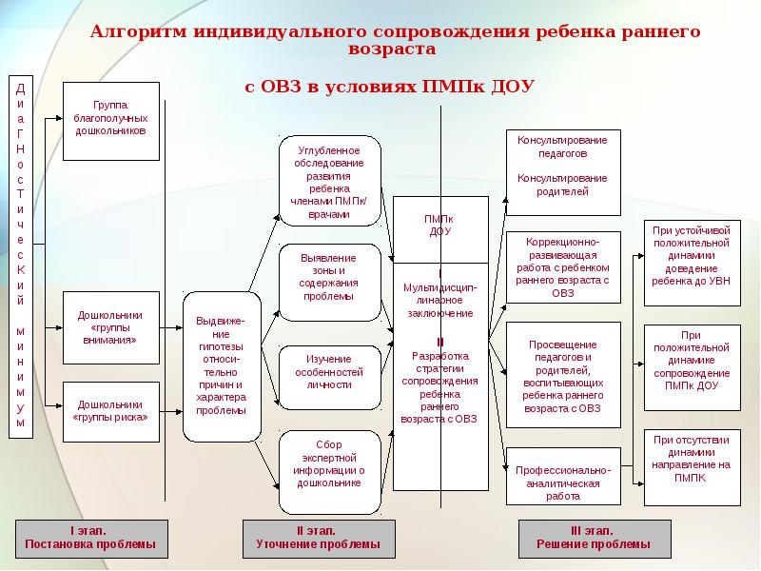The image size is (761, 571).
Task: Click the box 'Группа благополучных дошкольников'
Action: pyautogui.click(x=111, y=122)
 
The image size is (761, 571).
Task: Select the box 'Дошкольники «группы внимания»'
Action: pyautogui.click(x=111, y=327)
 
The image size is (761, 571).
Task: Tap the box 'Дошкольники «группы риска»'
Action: pyautogui.click(x=111, y=412)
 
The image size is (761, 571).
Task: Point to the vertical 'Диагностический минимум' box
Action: pyautogui.click(x=21, y=257)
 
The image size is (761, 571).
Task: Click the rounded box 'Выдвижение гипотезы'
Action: pyautogui.click(x=222, y=366)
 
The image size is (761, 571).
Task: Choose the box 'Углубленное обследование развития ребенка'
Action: pyautogui.click(x=329, y=181)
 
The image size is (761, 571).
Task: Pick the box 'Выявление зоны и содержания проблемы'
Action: pyautogui.click(x=329, y=283)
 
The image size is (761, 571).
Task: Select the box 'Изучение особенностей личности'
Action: pyautogui.click(x=329, y=377)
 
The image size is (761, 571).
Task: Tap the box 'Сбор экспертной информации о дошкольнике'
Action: pyautogui.click(x=329, y=472)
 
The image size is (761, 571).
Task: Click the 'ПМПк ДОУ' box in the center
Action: pyautogui.click(x=440, y=229)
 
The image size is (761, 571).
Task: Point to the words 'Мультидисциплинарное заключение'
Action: pyautogui.click(x=440, y=301)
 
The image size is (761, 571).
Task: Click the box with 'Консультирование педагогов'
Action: pyautogui.click(x=563, y=172)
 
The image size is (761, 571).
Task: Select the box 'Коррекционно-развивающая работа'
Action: pyautogui.click(x=563, y=267)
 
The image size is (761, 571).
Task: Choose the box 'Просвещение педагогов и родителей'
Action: pyautogui.click(x=563, y=375)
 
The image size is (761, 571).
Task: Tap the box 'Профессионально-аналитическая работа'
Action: pyautogui.click(x=563, y=477)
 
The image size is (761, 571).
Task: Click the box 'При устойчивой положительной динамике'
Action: pyautogui.click(x=693, y=263)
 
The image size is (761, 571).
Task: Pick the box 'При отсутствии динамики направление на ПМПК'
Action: pyautogui.click(x=693, y=467)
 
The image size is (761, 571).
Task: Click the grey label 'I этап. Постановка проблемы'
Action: pyautogui.click(x=91, y=539)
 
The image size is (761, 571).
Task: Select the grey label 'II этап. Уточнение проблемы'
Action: pyautogui.click(x=319, y=539)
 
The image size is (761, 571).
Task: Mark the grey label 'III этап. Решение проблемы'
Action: pyautogui.click(x=595, y=539)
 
